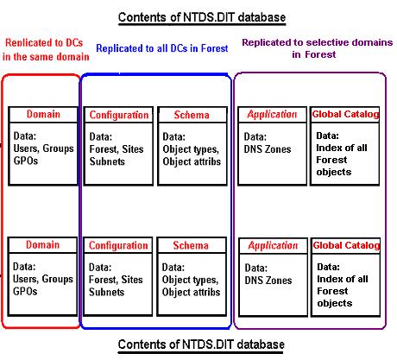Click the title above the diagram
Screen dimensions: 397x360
(202, 17)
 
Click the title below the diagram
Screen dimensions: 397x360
(201, 344)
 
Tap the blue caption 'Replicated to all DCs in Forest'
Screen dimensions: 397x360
(162, 48)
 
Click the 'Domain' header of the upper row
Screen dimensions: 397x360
(43, 114)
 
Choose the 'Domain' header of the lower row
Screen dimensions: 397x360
(42, 244)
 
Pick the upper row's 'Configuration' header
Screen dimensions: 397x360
(119, 115)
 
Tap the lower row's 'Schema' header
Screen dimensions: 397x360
(191, 245)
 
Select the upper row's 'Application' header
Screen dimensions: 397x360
(272, 115)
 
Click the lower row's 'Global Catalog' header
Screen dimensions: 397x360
(346, 245)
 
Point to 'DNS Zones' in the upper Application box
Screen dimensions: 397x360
(268, 149)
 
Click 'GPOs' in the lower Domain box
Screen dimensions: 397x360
(25, 291)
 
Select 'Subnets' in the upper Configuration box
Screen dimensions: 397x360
(107, 161)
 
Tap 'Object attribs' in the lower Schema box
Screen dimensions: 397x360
(191, 292)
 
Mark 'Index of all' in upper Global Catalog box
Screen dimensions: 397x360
(342, 148)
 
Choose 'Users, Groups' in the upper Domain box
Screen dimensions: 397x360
(43, 148)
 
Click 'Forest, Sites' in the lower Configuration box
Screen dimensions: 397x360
(116, 280)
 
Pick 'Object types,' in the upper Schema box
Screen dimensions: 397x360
(191, 149)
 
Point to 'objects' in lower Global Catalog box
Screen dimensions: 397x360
(335, 303)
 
